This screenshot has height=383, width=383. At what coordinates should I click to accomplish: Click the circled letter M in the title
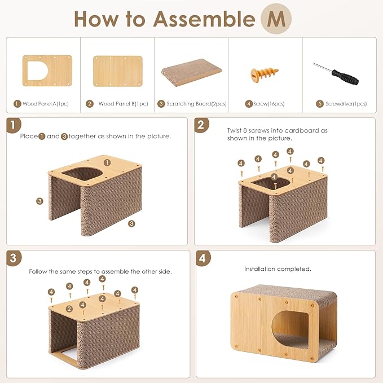coord(276,19)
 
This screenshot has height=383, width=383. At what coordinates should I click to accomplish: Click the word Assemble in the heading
coord(204,19)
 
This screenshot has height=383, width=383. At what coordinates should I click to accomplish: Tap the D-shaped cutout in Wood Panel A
coord(37,71)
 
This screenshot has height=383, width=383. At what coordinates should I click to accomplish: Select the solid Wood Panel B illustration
coord(118,71)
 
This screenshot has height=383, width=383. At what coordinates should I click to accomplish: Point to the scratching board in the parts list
coord(191,72)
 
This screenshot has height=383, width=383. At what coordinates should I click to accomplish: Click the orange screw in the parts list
coord(265,74)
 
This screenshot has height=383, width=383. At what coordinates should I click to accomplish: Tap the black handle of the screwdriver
coord(345,77)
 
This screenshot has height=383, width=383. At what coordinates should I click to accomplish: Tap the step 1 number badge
coord(13,125)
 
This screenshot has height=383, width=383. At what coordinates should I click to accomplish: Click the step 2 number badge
coord(201,125)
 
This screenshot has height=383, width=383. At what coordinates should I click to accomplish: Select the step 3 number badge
coord(14,258)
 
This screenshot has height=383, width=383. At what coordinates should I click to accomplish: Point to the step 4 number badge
coord(203,258)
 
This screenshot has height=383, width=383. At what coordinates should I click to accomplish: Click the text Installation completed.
coord(278,269)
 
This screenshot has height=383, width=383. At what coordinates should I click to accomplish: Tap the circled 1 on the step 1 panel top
coord(107,162)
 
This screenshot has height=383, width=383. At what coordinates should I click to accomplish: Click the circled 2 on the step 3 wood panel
coord(69,309)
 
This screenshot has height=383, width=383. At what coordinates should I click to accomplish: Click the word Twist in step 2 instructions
coord(234,130)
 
